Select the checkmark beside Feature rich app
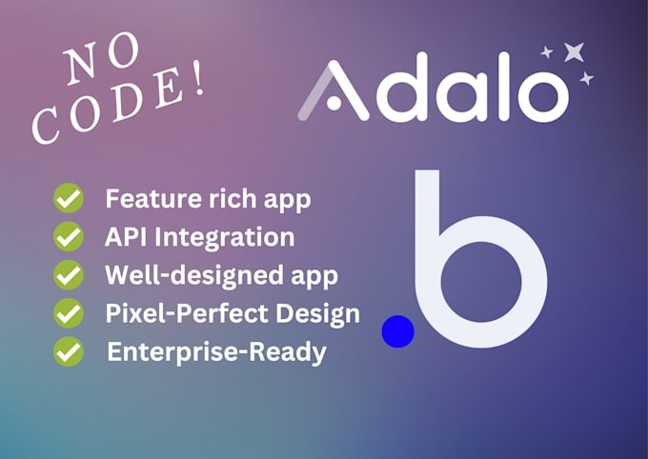coord(68,200)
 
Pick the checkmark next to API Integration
coord(68,236)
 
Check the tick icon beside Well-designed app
coord(68,275)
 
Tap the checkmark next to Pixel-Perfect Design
coord(68,312)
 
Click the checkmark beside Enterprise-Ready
coord(68,351)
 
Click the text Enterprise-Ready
coord(216,351)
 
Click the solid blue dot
coord(397,331)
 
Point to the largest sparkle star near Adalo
coord(574,52)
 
